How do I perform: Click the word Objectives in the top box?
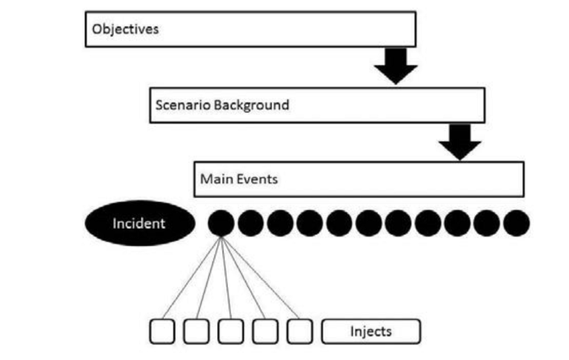[124, 30]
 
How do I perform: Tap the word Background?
[251, 105]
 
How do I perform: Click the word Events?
[255, 179]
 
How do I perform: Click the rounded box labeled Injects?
[370, 331]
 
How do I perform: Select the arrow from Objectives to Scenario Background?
[396, 65]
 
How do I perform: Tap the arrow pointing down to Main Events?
[460, 141]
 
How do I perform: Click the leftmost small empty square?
[163, 331]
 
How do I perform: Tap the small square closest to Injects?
[299, 331]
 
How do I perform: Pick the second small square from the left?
[197, 331]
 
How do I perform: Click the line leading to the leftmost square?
[191, 278]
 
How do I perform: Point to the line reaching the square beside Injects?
[259, 278]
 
